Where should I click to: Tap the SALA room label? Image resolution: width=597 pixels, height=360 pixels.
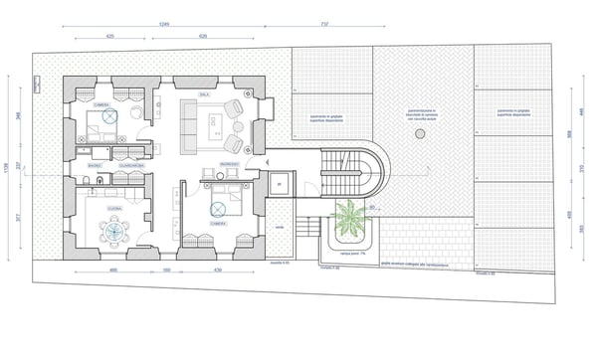coord(204,94)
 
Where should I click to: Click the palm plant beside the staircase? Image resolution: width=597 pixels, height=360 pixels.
coord(350,217)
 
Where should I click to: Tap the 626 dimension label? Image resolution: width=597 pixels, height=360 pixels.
coord(203,35)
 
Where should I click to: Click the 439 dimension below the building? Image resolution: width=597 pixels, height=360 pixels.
coord(217,270)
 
